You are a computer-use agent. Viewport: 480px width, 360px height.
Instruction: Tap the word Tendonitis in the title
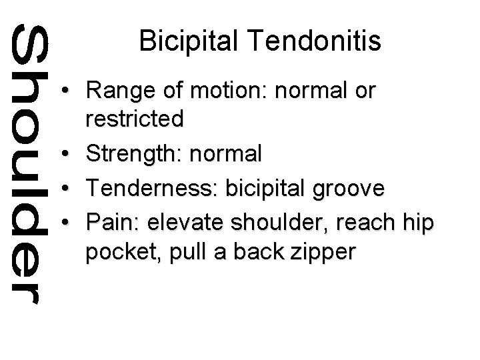pyautogui.click(x=312, y=42)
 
